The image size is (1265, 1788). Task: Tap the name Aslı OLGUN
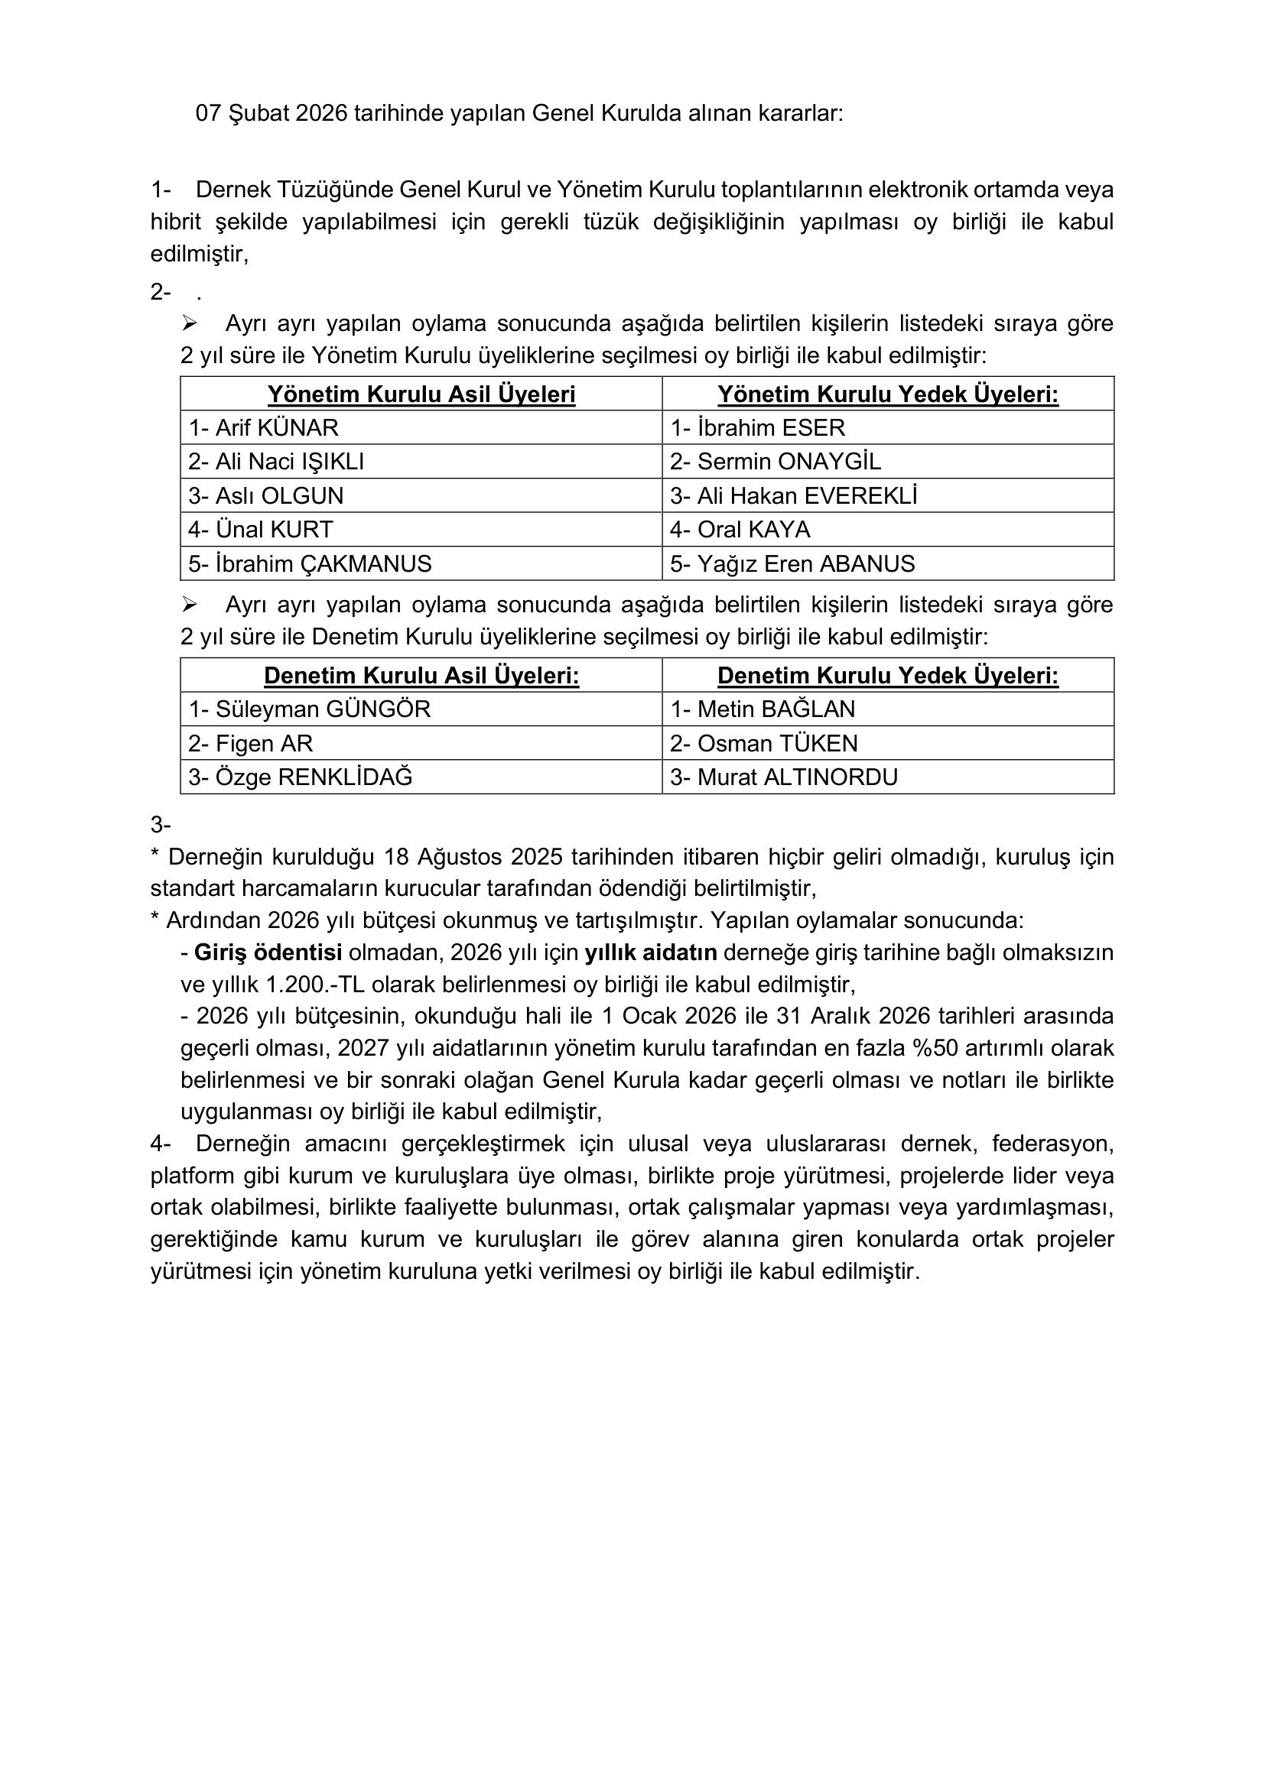265,496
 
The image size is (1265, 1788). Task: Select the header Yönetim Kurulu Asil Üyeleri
421,394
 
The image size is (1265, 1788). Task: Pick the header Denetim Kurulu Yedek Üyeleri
888,675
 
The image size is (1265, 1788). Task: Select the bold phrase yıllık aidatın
650,952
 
